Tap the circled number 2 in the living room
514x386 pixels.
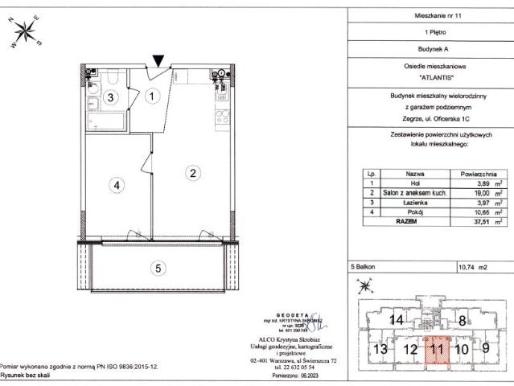(192, 171)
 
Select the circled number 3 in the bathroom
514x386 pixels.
(114, 97)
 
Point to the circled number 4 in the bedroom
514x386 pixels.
(117, 185)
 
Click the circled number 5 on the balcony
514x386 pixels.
(158, 268)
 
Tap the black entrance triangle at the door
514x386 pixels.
(159, 60)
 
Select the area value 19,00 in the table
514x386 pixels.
(482, 194)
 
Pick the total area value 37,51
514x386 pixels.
(482, 221)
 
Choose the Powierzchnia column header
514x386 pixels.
(478, 173)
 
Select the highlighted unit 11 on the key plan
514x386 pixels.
(437, 349)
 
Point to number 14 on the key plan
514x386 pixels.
(395, 320)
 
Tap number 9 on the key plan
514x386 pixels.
(485, 349)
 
